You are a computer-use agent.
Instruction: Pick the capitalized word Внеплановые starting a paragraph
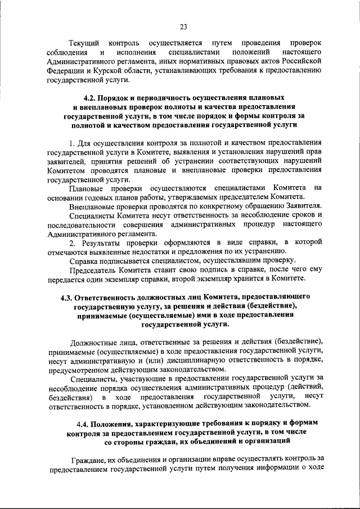(x=92, y=206)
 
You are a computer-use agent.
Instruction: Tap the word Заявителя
(x=302, y=206)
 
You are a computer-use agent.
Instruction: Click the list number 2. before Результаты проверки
(x=72, y=242)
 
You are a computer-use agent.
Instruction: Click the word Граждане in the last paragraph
(x=85, y=459)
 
